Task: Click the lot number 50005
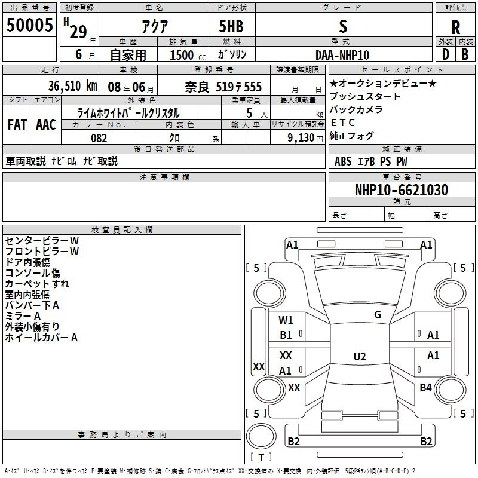coord(29,25)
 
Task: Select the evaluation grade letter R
coord(455,27)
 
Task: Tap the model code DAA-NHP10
coord(342,55)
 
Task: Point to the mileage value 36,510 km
coord(72,86)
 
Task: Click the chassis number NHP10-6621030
coord(402,190)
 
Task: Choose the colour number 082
coord(99,138)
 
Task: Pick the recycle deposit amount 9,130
coord(301,138)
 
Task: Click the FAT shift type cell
coord(17,125)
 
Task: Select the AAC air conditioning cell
coord(46,125)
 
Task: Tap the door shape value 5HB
coord(231,26)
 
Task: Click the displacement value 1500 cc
coord(188,55)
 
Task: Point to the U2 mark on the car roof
coord(360,356)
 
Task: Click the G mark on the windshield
coord(378,315)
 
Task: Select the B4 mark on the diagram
coord(425,387)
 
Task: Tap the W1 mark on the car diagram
coord(286,320)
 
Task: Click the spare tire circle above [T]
coord(261,436)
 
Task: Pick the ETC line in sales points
coord(342,122)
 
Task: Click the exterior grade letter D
coord(445,55)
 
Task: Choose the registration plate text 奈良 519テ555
coord(223,87)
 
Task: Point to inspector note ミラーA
coord(23,316)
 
